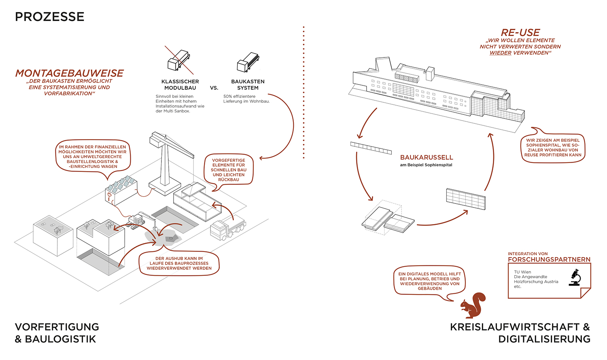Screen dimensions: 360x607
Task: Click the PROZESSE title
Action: (x=50, y=17)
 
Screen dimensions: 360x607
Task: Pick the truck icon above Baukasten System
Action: (x=248, y=62)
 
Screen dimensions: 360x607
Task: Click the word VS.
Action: (x=214, y=88)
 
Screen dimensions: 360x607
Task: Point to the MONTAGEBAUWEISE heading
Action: (x=69, y=73)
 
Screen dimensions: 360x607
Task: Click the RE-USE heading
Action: (x=520, y=33)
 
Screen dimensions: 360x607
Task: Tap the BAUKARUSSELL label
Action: (x=427, y=157)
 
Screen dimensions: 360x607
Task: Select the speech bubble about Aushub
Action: (x=179, y=263)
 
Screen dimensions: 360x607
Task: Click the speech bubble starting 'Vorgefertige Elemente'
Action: (x=229, y=170)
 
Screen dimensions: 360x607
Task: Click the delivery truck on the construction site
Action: (x=227, y=229)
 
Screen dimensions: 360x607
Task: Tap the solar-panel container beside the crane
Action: (x=121, y=190)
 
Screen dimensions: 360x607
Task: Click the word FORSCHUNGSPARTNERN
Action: (x=549, y=260)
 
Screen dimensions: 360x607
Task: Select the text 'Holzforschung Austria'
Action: (x=536, y=282)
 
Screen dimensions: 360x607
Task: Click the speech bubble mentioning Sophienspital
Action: (x=553, y=148)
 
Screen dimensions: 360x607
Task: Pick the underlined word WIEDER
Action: (x=500, y=53)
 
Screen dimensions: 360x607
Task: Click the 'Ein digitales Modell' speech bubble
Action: (x=430, y=281)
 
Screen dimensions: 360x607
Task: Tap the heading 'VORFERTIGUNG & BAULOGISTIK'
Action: (x=57, y=333)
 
